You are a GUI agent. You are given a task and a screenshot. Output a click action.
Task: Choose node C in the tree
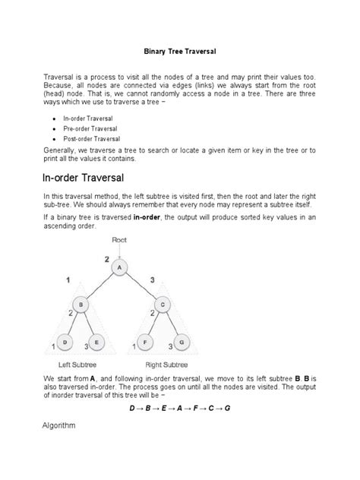point(162,305)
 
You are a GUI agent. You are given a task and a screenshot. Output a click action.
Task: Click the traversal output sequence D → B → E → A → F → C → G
point(180,408)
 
